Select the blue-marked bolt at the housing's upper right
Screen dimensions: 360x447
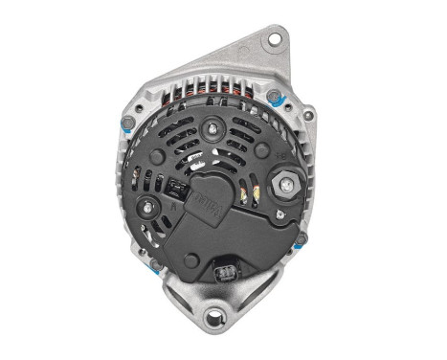(x=277, y=96)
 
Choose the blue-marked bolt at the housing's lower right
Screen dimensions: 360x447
(x=301, y=240)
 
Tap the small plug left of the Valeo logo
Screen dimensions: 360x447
(x=176, y=189)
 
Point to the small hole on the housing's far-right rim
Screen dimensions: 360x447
(x=308, y=116)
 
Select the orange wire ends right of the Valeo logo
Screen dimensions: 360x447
(x=250, y=195)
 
